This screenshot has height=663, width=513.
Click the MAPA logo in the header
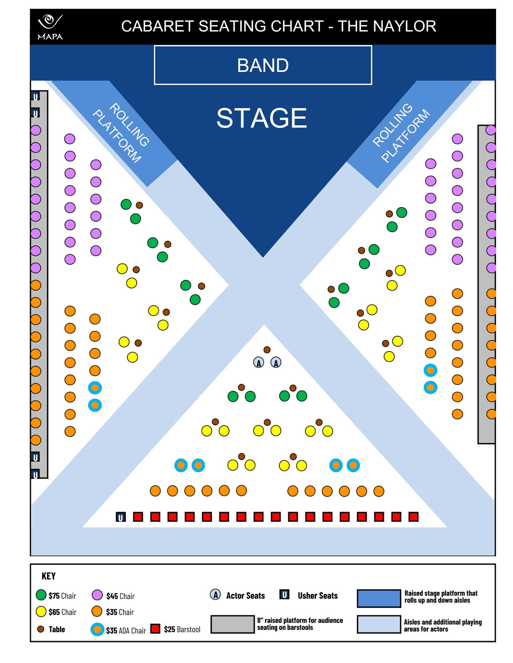click(50, 27)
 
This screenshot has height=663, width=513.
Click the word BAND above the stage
click(263, 65)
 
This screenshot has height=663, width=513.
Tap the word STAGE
click(262, 118)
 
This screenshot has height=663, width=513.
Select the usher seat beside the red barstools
click(121, 517)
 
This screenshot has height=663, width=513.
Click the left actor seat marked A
click(259, 362)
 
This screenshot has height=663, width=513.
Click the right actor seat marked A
click(276, 362)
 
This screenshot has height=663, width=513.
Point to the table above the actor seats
click(267, 350)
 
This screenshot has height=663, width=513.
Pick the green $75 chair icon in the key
click(41, 595)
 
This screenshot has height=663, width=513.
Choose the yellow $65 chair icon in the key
click(41, 612)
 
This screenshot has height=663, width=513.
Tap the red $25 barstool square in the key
click(155, 629)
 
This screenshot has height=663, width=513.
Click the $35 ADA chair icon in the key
click(97, 629)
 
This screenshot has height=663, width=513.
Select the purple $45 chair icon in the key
click(97, 595)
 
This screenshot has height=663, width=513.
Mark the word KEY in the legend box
click(48, 576)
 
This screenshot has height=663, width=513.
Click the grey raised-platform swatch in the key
click(232, 624)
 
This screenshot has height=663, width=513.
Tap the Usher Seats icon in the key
click(285, 594)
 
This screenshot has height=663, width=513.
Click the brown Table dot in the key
click(41, 629)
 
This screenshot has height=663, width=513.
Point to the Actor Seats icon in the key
click(215, 595)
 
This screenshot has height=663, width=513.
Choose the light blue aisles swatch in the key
click(379, 624)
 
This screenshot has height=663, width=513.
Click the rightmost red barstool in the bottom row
click(413, 517)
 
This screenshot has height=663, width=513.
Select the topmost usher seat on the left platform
click(35, 96)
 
